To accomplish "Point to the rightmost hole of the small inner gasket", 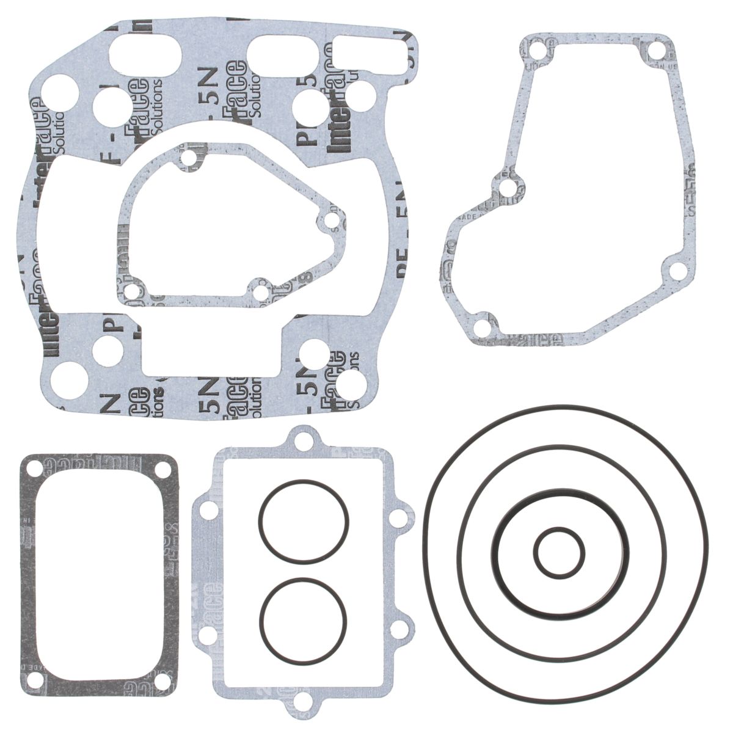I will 330,221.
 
